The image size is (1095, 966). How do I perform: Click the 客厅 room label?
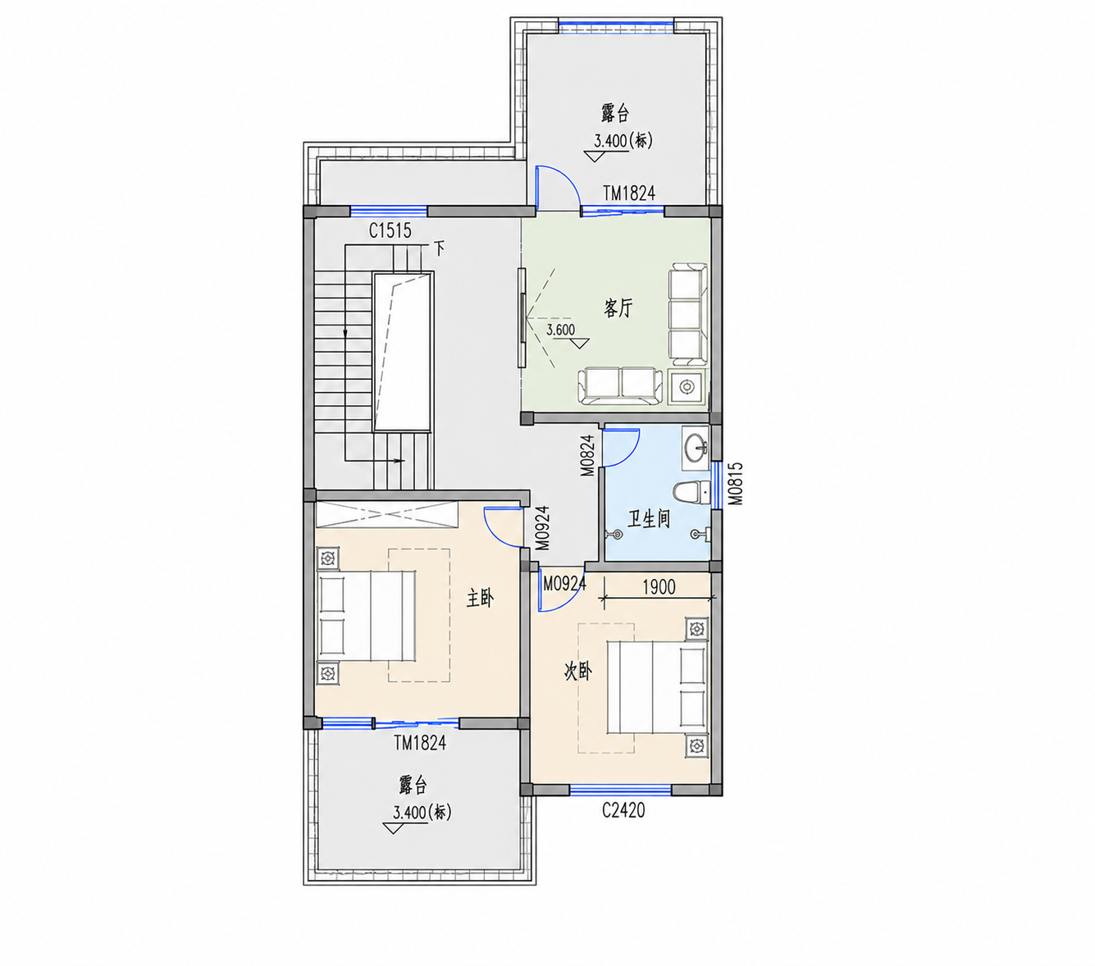pyautogui.click(x=618, y=308)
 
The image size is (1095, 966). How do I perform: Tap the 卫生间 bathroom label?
pyautogui.click(x=648, y=518)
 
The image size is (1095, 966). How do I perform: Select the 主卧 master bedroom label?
pyautogui.click(x=480, y=598)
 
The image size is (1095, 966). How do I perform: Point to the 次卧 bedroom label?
pyautogui.click(x=577, y=672)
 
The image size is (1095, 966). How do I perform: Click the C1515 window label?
pyautogui.click(x=390, y=230)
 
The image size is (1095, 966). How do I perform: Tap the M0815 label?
pyautogui.click(x=735, y=484)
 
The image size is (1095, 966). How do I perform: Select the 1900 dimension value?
pyautogui.click(x=659, y=586)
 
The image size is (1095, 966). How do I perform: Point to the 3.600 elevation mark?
pyautogui.click(x=560, y=330)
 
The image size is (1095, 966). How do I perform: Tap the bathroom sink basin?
pyautogui.click(x=695, y=449)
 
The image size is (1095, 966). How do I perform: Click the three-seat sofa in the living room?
pyautogui.click(x=687, y=313)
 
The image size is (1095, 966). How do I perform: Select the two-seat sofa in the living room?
pyautogui.click(x=621, y=385)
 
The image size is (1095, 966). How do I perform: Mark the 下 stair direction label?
pyautogui.click(x=440, y=248)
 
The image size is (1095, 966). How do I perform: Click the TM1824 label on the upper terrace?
pyautogui.click(x=629, y=193)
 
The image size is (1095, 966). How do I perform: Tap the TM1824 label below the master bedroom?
pyautogui.click(x=420, y=743)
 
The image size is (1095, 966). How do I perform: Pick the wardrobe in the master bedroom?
pyautogui.click(x=387, y=514)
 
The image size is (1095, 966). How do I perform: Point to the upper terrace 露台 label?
pyautogui.click(x=615, y=113)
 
